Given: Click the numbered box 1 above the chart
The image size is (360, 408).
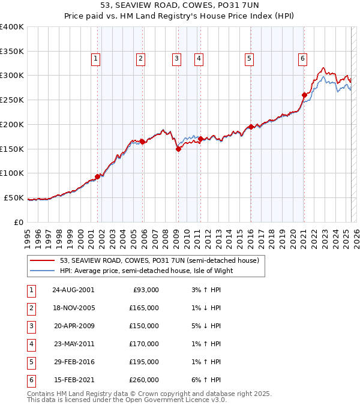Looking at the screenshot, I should click(96, 58).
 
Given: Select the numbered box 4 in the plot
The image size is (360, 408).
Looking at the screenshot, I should click(198, 58).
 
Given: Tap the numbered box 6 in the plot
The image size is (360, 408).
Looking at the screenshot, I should click(302, 58).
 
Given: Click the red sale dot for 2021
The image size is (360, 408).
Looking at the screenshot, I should click(304, 95).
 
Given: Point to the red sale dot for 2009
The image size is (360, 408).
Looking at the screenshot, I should click(178, 149).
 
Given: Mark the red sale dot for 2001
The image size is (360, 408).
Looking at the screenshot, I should click(97, 176).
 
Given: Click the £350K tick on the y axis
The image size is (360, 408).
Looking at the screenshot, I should click(12, 51).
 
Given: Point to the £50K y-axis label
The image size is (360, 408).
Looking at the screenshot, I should click(14, 197).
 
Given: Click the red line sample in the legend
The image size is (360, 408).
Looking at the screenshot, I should click(43, 260).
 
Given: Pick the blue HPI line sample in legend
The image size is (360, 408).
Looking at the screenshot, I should click(43, 271).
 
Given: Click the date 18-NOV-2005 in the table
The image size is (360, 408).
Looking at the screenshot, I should click(73, 308).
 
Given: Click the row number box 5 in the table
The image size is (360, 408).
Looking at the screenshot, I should click(30, 362).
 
